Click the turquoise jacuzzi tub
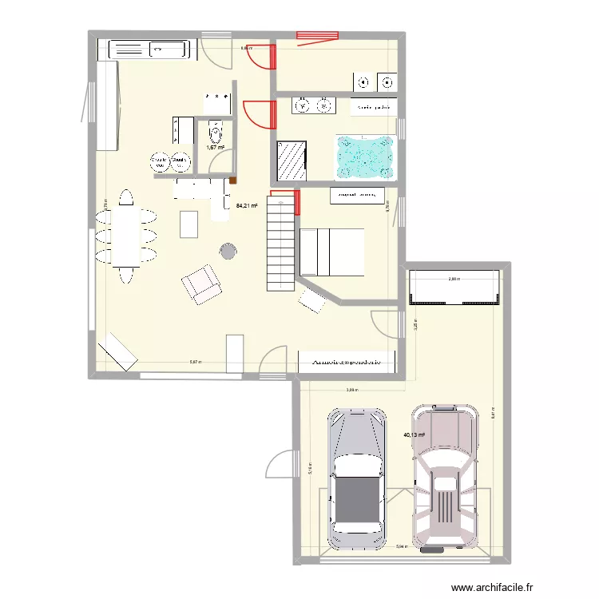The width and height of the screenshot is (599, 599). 365,156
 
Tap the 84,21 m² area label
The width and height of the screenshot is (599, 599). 246,205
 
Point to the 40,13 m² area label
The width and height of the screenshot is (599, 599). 415,435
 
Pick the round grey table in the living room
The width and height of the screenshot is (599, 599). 228,252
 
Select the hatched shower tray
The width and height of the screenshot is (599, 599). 292,161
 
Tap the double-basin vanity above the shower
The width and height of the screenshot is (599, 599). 313,105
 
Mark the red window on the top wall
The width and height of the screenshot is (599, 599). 318,34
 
